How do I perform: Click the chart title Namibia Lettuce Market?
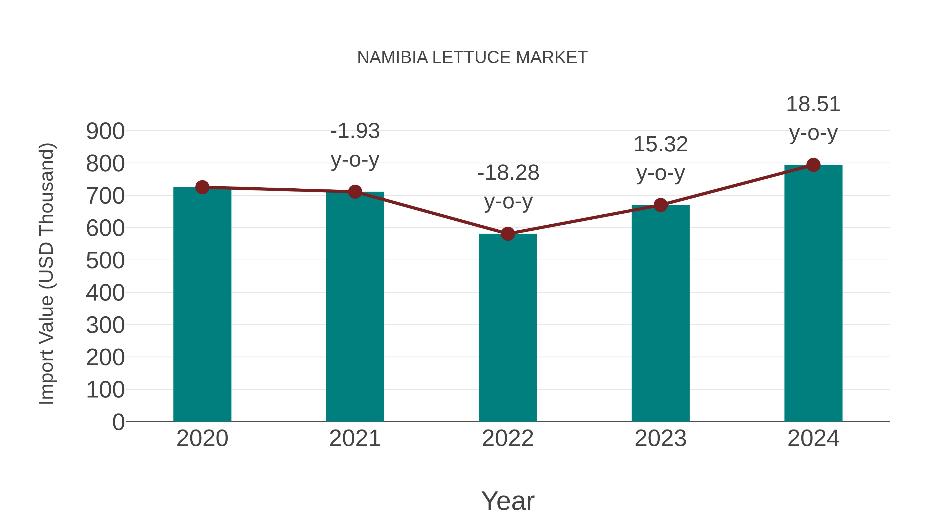click(x=472, y=58)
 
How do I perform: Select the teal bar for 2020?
click(x=202, y=305)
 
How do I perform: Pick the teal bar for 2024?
click(x=813, y=294)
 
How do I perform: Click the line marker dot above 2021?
click(x=355, y=192)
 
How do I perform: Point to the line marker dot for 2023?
click(x=660, y=205)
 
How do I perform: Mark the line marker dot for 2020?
click(x=202, y=187)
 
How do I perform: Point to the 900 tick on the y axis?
click(x=105, y=131)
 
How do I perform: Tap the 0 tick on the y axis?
click(x=118, y=422)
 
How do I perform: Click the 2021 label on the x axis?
click(x=355, y=438)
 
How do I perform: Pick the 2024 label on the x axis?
click(x=813, y=438)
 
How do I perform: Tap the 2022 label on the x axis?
click(x=508, y=438)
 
